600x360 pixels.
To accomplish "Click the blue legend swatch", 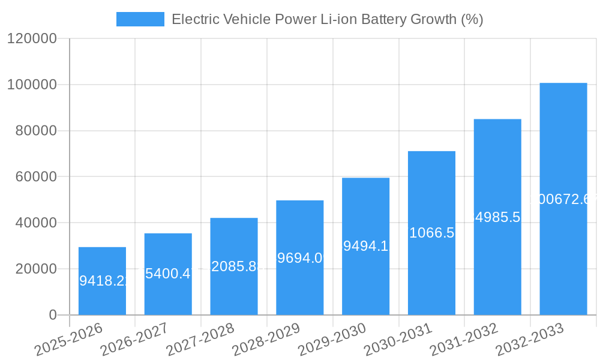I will click(140, 19).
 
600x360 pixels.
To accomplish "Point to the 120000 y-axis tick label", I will click(32, 39).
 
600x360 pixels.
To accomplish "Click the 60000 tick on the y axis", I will click(35, 177).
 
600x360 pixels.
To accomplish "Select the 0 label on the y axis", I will click(53, 315).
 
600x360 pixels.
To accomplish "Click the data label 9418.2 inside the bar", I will click(103, 280).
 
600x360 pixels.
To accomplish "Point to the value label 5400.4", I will click(168, 274).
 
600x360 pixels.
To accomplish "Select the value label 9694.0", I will click(299, 258).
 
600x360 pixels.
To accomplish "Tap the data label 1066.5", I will click(431, 233).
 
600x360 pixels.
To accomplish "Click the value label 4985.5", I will click(497, 217).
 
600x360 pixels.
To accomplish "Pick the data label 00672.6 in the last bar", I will click(566, 199).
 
